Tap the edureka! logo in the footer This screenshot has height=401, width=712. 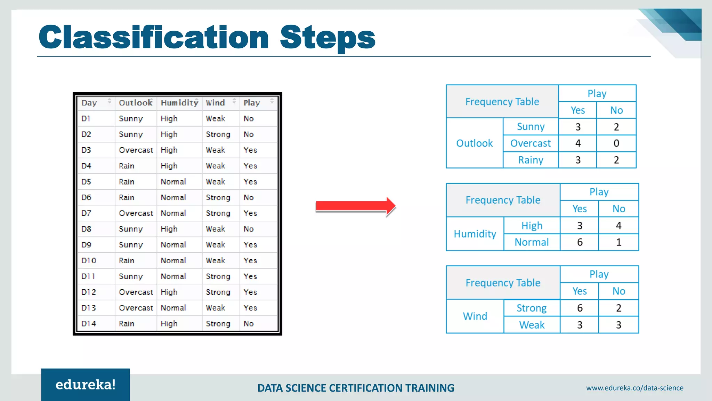[86, 385]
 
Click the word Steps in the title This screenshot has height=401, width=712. [327, 37]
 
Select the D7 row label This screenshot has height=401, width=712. [86, 213]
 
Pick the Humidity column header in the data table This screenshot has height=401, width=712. [179, 103]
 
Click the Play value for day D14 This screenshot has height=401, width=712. [249, 323]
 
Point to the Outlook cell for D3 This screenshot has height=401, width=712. [136, 150]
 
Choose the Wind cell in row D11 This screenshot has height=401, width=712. [218, 276]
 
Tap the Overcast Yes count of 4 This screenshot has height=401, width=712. [578, 143]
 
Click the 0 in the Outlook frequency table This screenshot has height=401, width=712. [616, 143]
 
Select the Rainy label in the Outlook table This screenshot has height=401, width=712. [531, 160]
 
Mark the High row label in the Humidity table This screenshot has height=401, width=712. [532, 226]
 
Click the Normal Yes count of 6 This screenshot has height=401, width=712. [580, 242]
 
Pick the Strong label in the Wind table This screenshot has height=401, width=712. [532, 308]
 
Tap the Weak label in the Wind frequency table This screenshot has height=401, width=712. [532, 325]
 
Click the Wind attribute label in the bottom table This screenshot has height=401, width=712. [475, 316]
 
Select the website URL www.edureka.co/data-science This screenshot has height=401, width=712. [634, 388]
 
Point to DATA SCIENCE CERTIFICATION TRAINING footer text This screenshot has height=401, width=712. [356, 388]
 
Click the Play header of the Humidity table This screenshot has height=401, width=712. [599, 192]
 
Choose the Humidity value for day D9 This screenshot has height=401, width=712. [173, 245]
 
